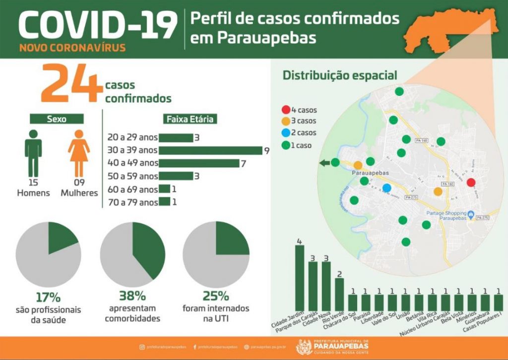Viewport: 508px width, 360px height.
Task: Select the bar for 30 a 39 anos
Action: tap(210, 150)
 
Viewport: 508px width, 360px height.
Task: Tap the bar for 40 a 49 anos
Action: tap(199, 163)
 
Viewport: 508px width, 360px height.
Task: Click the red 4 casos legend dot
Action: tap(286, 110)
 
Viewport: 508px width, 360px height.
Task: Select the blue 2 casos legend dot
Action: tap(286, 133)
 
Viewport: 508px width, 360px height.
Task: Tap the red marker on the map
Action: tap(471, 182)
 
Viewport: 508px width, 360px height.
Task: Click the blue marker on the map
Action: tap(387, 188)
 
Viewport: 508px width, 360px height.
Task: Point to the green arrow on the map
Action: tap(324, 162)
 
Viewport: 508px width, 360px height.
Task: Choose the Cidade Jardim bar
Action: tap(300, 277)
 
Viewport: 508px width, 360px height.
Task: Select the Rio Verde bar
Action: tap(339, 293)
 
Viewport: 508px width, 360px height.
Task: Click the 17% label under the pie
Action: tap(48, 297)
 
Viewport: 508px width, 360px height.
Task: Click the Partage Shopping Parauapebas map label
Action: tap(446, 216)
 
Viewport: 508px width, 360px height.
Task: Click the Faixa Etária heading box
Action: tap(191, 119)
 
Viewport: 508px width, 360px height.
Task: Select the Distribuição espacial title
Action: tap(340, 75)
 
